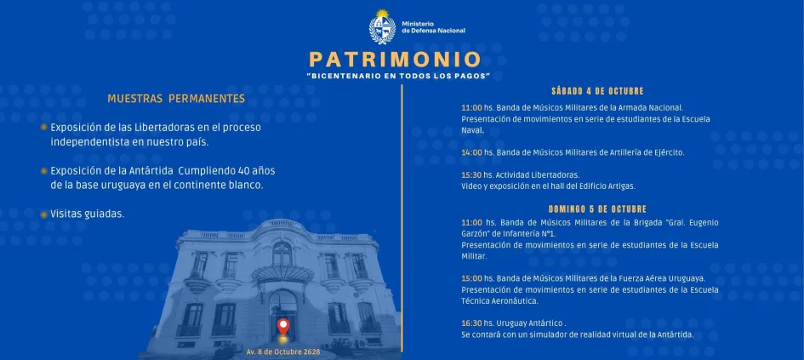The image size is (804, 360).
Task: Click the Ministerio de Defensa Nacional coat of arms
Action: [384, 26]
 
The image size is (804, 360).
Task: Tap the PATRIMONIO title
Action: [395, 60]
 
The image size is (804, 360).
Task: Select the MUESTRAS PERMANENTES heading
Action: [176, 99]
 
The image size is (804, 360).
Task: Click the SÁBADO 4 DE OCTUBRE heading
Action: [597, 91]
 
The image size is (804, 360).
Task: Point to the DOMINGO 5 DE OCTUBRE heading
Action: [597, 209]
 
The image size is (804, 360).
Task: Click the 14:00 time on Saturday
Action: [471, 152]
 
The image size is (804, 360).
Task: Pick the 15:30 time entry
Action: [471, 174]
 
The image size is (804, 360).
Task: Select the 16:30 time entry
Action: [471, 323]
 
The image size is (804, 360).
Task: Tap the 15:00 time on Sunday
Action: [471, 278]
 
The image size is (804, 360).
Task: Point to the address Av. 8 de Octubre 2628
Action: [283, 351]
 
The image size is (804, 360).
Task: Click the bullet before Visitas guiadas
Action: [43, 214]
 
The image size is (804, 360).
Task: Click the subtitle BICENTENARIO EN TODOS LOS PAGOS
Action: [398, 77]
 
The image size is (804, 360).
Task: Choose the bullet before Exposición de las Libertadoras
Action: [43, 128]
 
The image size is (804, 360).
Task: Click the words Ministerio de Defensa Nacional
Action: [433, 27]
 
